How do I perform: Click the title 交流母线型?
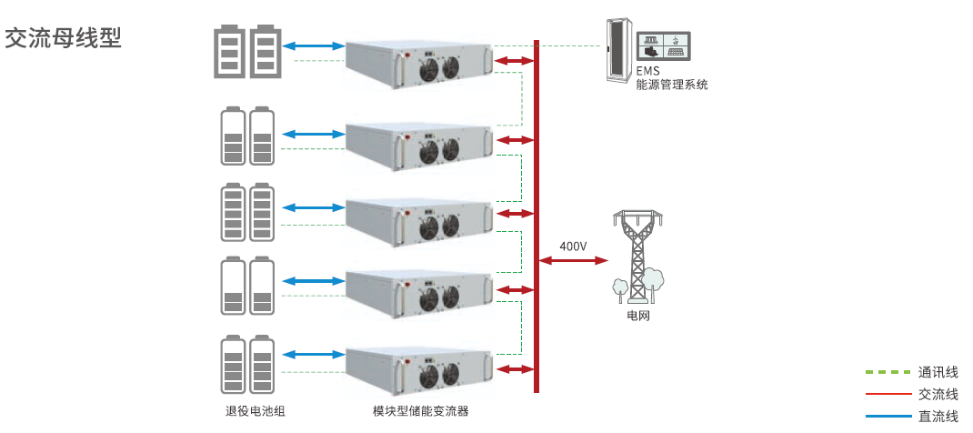(x=63, y=38)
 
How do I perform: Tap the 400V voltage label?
(x=573, y=247)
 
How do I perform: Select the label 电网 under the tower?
(x=638, y=317)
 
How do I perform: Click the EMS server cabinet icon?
(x=618, y=51)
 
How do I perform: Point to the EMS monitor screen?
(x=664, y=45)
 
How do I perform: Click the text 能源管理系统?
(x=671, y=85)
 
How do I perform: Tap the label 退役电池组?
(x=255, y=410)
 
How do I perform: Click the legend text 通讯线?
(x=938, y=372)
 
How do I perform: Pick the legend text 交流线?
(x=938, y=394)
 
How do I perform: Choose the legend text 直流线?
(x=938, y=416)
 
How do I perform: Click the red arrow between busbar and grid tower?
(x=574, y=260)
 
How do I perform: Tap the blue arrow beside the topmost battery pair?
(x=314, y=45)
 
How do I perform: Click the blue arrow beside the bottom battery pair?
(x=314, y=354)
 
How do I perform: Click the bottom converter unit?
(x=420, y=371)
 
